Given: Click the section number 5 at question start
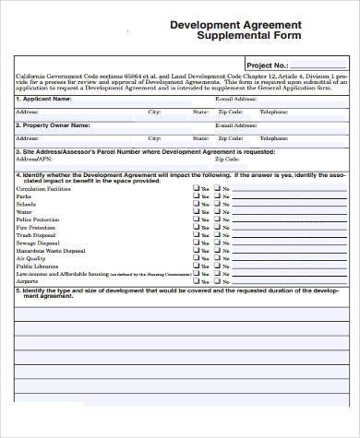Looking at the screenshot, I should pos(18,290).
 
